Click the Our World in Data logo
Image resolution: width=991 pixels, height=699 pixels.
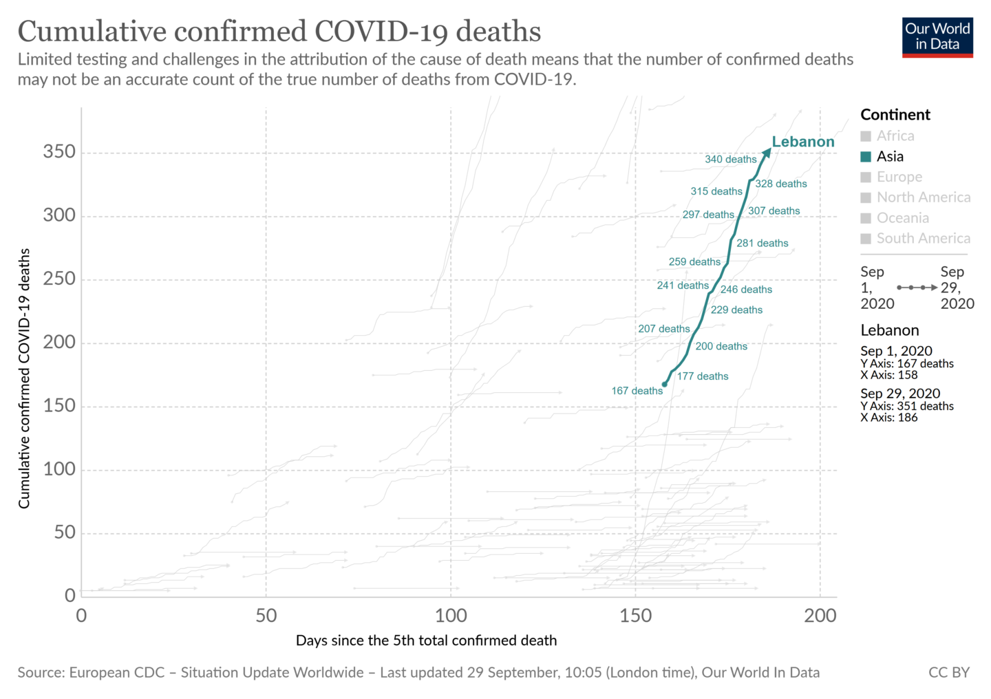click(937, 37)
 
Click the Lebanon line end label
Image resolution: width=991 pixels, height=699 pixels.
click(802, 142)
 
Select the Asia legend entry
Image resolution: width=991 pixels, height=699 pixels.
click(889, 157)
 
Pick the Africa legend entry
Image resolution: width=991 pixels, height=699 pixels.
click(895, 136)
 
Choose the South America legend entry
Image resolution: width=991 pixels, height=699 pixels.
click(922, 239)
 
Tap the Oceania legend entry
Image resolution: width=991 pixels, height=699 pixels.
click(902, 218)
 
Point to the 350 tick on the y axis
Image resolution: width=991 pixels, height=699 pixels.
click(59, 152)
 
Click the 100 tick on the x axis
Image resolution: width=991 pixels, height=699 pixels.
click(451, 615)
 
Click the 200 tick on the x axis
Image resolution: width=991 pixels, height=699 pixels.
click(820, 615)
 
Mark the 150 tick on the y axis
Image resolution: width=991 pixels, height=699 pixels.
click(59, 406)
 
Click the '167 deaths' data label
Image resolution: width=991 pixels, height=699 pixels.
click(637, 391)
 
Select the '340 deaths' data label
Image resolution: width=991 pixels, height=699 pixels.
click(730, 160)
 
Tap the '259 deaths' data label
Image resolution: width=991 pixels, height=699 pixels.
click(694, 262)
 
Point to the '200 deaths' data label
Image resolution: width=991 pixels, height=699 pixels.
click(721, 347)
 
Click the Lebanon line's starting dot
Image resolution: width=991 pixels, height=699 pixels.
click(664, 385)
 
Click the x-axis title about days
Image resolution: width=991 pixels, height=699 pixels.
click(426, 641)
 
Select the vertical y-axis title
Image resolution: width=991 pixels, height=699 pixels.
click(25, 378)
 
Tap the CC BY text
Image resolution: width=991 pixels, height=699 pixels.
click(948, 673)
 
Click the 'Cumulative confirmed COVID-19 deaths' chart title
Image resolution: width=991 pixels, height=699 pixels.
click(279, 32)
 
